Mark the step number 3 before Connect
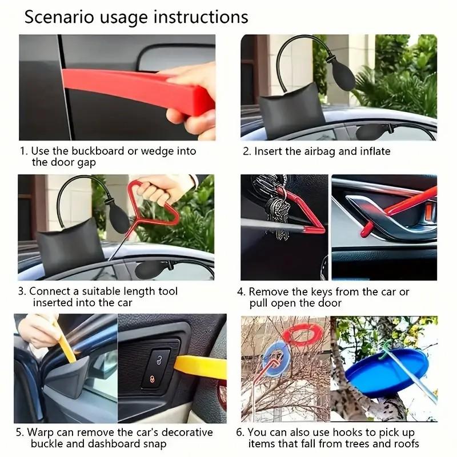click(22, 291)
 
